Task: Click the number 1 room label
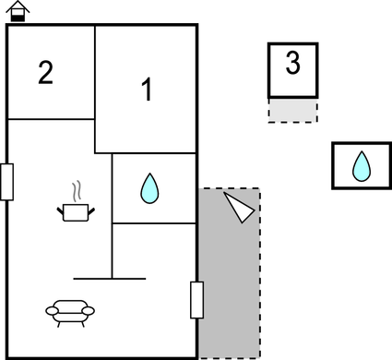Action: pyautogui.click(x=146, y=90)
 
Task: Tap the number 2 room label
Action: pyautogui.click(x=46, y=72)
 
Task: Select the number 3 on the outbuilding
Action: pyautogui.click(x=292, y=65)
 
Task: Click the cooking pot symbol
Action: pyautogui.click(x=77, y=212)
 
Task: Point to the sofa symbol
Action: pyautogui.click(x=70, y=313)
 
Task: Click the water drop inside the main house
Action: pyautogui.click(x=148, y=189)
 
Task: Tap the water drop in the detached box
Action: pyautogui.click(x=362, y=167)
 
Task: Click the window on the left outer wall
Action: pyautogui.click(x=6, y=182)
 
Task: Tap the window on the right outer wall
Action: pyautogui.click(x=196, y=300)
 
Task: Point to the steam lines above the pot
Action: pyautogui.click(x=78, y=191)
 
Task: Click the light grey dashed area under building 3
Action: pyautogui.click(x=292, y=111)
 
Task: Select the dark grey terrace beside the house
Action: pyautogui.click(x=230, y=277)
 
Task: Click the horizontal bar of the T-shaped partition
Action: pyautogui.click(x=110, y=278)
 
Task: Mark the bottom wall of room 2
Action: pyautogui.click(x=51, y=118)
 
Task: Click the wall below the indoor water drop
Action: pyautogui.click(x=154, y=223)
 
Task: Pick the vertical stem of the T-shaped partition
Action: pyautogui.click(x=112, y=249)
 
